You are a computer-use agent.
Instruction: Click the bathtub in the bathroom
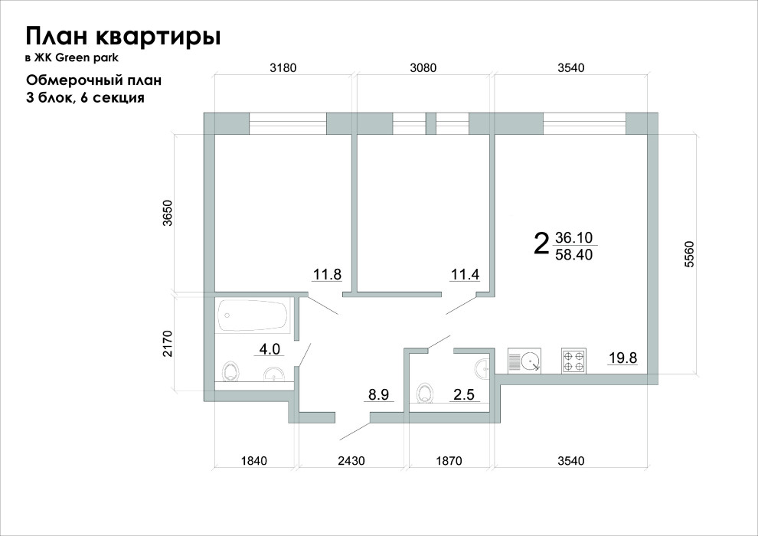pos(253,315)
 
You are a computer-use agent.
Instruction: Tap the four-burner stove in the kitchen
pos(574,360)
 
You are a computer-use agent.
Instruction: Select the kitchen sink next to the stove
pos(525,360)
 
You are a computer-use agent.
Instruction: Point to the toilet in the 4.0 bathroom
pos(230,372)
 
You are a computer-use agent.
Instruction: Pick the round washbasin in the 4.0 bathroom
pos(274,374)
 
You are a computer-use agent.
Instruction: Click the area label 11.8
pos(326,275)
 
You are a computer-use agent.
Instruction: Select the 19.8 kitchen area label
pos(622,357)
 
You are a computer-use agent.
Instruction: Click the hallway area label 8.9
pos(379,395)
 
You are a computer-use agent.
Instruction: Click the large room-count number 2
pos(541,244)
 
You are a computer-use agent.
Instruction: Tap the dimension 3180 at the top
pos(283,67)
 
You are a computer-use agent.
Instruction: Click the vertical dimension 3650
pos(168,214)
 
